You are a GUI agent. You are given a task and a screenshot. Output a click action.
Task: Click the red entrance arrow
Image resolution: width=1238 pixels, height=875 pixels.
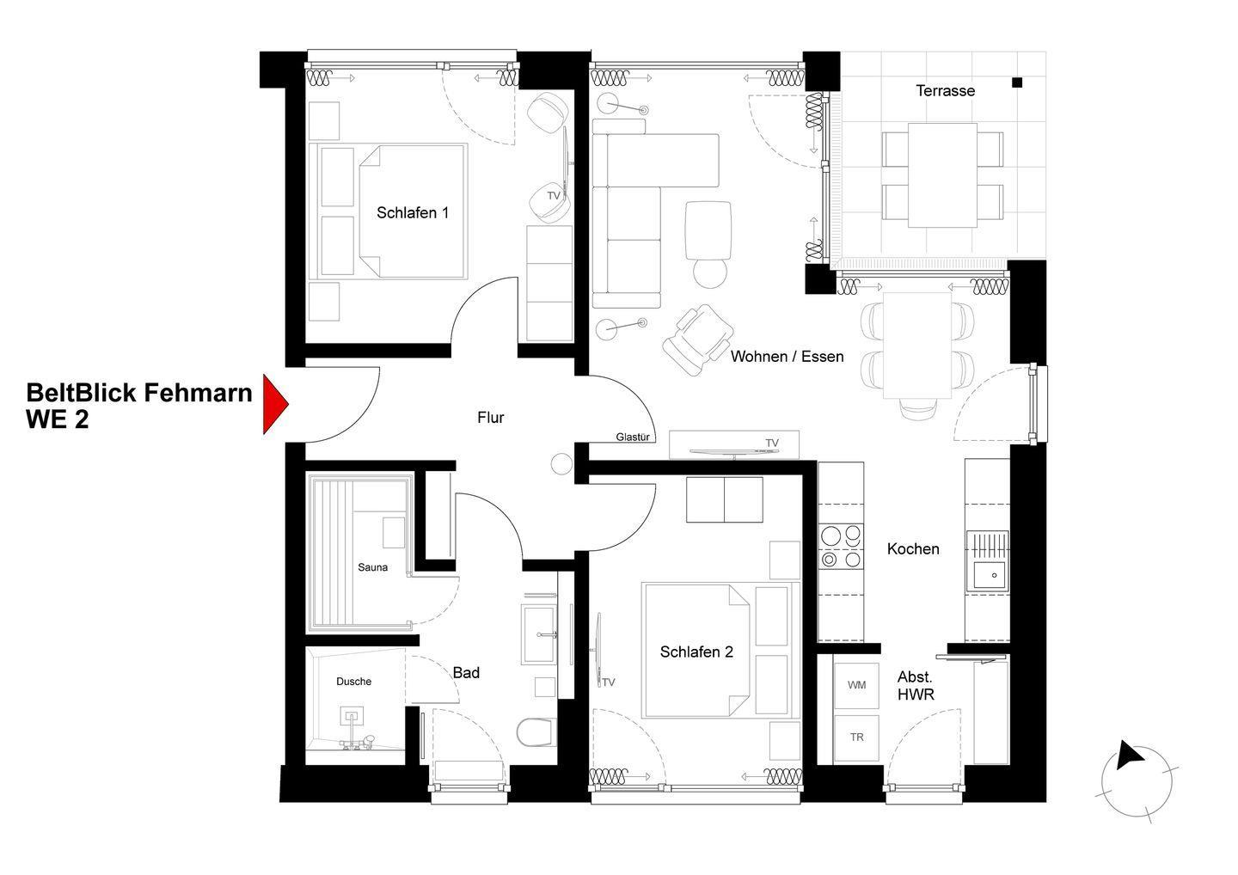click(x=275, y=404)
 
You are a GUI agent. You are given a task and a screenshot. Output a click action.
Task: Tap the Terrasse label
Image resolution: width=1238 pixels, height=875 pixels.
click(x=945, y=90)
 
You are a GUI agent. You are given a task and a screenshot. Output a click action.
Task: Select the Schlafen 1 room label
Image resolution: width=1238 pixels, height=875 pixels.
click(x=413, y=212)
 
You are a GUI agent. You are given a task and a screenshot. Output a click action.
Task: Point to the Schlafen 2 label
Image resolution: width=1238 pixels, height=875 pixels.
click(x=696, y=652)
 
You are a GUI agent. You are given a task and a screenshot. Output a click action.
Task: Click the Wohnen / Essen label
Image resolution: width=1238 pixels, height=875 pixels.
click(x=787, y=357)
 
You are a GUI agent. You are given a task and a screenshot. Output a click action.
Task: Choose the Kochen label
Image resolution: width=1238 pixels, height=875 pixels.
click(x=913, y=548)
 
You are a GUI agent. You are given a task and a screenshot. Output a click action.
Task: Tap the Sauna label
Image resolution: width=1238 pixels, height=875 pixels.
click(x=372, y=567)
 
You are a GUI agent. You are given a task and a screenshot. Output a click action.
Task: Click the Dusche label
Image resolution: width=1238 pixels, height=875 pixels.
click(x=353, y=682)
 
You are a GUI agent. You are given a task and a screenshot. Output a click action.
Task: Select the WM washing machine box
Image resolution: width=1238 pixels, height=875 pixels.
click(x=856, y=686)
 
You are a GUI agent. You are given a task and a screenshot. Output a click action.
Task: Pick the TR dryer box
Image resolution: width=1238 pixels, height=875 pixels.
click(x=856, y=737)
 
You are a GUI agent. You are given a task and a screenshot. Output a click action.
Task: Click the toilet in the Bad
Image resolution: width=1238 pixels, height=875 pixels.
click(x=535, y=732)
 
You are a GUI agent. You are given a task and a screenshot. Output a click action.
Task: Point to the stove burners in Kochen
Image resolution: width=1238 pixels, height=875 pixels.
click(x=840, y=547)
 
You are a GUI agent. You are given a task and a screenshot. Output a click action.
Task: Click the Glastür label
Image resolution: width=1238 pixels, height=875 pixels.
click(x=632, y=437)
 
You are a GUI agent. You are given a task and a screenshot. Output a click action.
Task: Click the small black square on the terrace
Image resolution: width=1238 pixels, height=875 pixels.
click(x=1017, y=83)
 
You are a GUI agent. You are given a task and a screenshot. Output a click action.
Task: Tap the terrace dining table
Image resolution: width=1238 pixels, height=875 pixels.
click(x=942, y=175)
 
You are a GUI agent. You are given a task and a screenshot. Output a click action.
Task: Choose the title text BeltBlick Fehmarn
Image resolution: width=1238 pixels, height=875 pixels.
click(x=139, y=393)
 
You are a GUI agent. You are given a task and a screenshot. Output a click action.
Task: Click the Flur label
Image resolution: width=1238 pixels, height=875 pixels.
click(x=491, y=418)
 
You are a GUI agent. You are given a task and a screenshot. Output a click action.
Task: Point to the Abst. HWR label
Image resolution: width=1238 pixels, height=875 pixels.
click(x=916, y=686)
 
